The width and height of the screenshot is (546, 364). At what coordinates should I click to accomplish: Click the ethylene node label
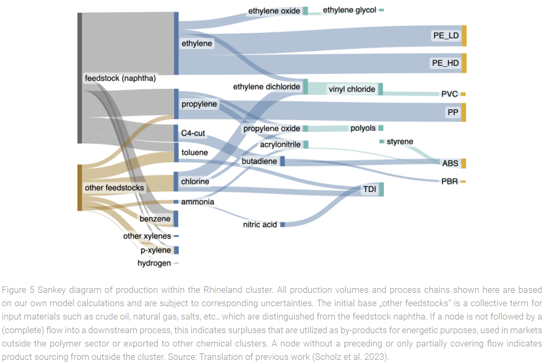(197, 43)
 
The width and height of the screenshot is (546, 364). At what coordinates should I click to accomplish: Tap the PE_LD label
(446, 36)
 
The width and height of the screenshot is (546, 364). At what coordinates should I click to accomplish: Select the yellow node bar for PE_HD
(464, 63)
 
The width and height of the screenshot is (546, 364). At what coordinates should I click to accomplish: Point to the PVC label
(449, 94)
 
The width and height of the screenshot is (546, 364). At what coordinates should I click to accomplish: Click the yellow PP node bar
(464, 112)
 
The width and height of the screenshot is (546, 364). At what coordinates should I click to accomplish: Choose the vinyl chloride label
(352, 89)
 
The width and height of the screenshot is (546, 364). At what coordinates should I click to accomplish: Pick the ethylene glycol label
(349, 10)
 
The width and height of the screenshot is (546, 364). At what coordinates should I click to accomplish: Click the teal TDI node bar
(381, 189)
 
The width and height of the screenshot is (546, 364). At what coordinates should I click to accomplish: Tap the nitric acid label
(260, 224)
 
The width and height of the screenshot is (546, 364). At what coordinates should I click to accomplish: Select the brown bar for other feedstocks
(80, 188)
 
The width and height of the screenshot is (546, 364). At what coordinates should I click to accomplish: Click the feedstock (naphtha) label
(120, 78)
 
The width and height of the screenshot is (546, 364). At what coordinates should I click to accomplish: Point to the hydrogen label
(154, 263)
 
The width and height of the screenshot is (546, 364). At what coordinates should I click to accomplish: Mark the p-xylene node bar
(176, 250)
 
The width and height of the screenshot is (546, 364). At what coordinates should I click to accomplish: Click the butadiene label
(259, 161)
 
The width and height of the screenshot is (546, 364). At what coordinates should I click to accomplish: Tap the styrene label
(400, 141)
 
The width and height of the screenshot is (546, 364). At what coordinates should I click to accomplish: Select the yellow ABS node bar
(464, 163)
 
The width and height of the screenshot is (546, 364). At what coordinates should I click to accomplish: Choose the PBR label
(449, 181)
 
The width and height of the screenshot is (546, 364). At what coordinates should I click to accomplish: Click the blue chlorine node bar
(176, 181)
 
